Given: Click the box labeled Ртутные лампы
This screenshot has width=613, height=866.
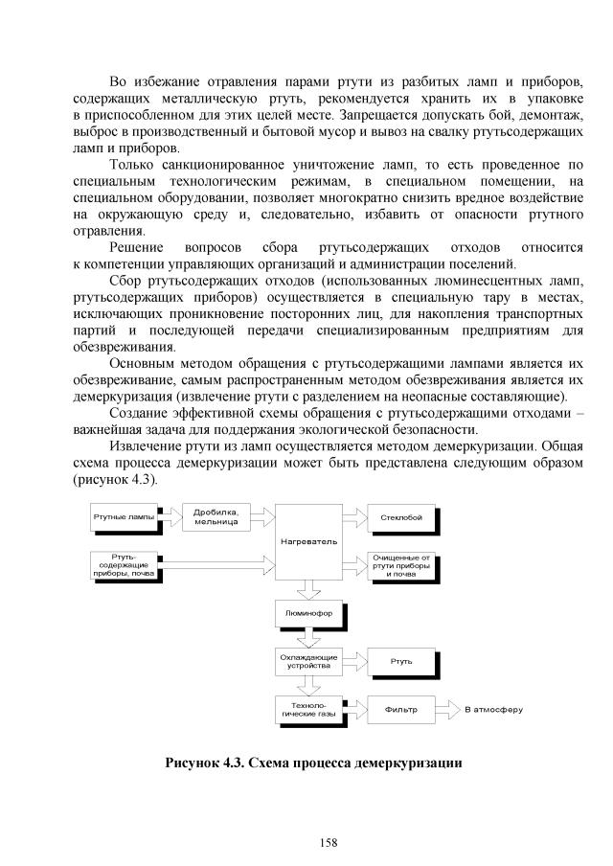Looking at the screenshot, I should coord(123,517).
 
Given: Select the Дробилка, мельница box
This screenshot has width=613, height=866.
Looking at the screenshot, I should coord(215,517).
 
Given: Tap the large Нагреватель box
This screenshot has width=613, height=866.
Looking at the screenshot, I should coord(308,542).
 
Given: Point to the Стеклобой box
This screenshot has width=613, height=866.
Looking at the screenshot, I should coord(400,517).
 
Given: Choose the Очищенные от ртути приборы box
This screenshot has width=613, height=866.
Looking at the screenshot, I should coord(400,565).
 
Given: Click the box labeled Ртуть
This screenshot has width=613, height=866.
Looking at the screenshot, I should coord(400,661).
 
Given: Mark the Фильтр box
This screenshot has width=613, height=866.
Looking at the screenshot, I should coord(400,710).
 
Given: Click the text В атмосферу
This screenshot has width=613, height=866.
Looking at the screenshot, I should coord(493,710).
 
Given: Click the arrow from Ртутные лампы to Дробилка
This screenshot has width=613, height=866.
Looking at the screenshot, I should coord(170,517).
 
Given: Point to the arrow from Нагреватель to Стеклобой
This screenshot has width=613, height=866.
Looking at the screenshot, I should coord(353,517).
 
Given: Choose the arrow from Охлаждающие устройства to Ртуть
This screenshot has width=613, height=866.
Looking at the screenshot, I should coord(353,661).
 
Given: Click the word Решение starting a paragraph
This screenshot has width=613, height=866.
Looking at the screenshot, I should coord(137,246).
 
